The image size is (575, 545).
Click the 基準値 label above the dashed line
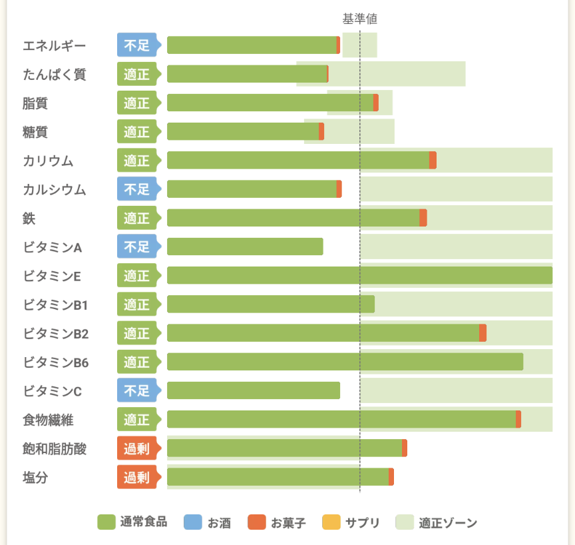(x=359, y=18)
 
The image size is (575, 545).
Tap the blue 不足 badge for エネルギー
(x=137, y=45)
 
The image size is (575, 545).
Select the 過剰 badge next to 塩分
(x=137, y=477)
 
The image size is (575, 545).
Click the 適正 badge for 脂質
(x=137, y=103)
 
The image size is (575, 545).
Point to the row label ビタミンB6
(x=56, y=362)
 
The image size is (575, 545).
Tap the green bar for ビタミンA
(x=245, y=247)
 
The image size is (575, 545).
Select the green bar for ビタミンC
(x=253, y=390)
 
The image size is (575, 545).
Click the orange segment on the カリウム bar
(x=433, y=160)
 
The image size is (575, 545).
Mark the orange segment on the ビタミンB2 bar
(x=482, y=333)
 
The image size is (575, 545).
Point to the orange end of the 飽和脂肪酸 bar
(x=405, y=448)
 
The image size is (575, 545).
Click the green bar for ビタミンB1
(x=270, y=304)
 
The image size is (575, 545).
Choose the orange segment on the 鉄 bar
(x=423, y=218)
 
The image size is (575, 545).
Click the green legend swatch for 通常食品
(x=106, y=522)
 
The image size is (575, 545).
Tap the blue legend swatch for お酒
(x=193, y=522)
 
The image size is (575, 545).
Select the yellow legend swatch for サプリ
(x=331, y=522)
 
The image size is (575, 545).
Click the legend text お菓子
(x=288, y=523)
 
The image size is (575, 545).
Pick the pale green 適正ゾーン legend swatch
(x=405, y=522)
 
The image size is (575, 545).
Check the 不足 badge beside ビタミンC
(x=137, y=390)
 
